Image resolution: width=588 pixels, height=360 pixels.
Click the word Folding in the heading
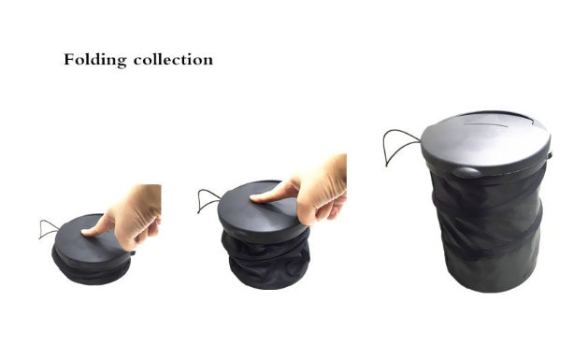(x=94, y=60)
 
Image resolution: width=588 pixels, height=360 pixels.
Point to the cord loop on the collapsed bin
(x=48, y=228)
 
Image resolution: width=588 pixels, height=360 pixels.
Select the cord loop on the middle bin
(x=208, y=198)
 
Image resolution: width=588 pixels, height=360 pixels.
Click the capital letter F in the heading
(x=69, y=60)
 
